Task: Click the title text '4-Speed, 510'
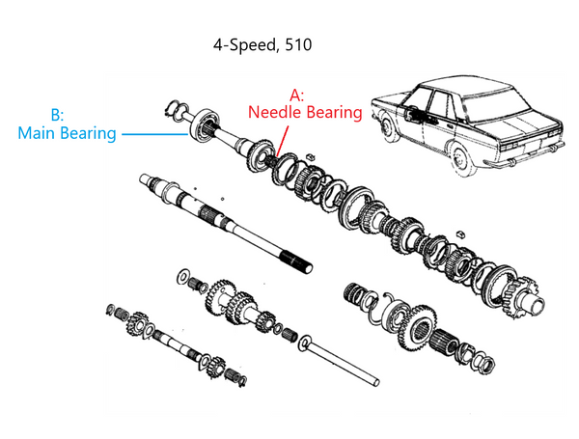click(x=262, y=44)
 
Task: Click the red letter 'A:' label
click(x=297, y=95)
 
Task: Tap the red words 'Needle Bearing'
click(x=305, y=112)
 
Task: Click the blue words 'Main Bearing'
click(x=67, y=132)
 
